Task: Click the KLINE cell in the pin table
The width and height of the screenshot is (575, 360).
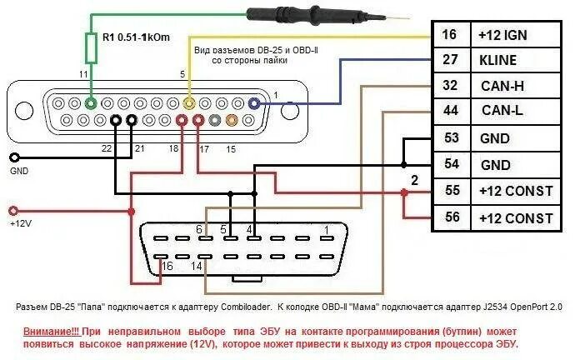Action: (x=498, y=60)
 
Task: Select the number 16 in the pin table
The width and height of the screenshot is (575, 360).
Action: (x=450, y=34)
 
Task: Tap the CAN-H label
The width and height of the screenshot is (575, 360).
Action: (x=502, y=86)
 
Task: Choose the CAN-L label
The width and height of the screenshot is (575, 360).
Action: (x=502, y=111)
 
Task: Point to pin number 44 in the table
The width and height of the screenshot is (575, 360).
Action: (x=450, y=111)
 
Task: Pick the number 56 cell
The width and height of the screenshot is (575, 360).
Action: (x=450, y=218)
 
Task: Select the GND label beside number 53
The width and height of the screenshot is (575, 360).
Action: (x=496, y=138)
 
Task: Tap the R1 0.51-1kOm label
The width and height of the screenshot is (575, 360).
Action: (x=137, y=37)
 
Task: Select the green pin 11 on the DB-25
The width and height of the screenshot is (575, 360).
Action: (x=91, y=103)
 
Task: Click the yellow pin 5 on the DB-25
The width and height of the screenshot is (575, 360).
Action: (x=190, y=103)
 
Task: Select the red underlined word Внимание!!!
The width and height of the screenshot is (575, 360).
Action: (x=46, y=332)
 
